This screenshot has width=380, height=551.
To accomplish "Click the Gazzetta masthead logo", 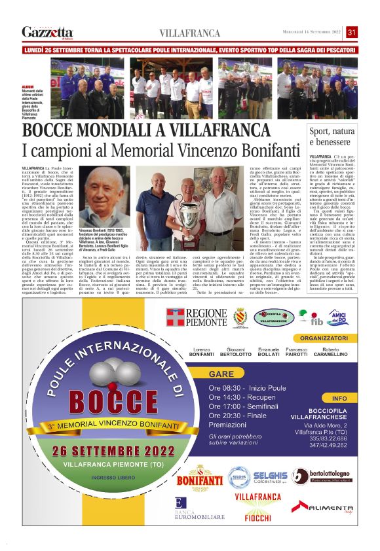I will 47,32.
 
